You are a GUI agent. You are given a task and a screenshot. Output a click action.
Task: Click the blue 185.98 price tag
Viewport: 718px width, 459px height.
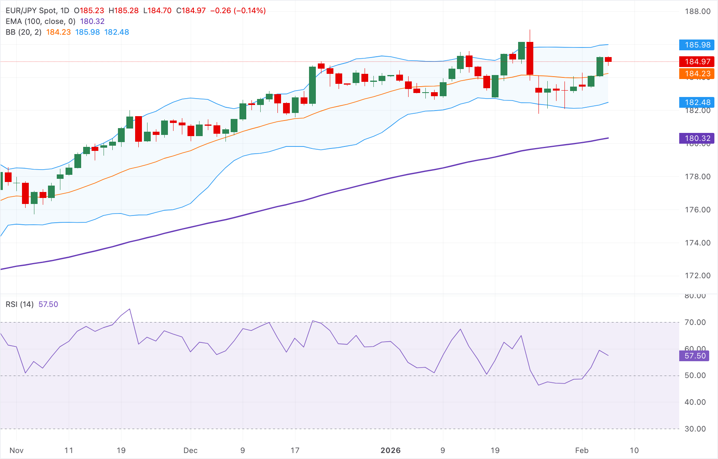tap(697, 45)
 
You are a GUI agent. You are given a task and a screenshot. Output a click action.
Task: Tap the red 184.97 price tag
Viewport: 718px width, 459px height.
tap(697, 61)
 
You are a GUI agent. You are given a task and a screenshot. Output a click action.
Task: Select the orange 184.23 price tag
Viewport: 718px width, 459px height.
tap(697, 73)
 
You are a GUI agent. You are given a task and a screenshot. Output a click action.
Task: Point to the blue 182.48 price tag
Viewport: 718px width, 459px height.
tap(697, 102)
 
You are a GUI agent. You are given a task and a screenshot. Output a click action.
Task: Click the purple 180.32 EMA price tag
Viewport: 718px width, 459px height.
tap(697, 138)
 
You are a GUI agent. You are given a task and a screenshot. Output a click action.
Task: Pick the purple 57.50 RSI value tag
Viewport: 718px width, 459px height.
tap(694, 356)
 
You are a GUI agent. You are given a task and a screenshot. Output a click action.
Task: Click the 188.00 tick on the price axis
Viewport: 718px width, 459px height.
tap(698, 11)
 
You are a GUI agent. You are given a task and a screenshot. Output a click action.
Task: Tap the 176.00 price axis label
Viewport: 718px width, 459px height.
tap(698, 210)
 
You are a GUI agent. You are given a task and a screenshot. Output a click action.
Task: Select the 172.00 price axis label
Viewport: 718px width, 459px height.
tap(698, 275)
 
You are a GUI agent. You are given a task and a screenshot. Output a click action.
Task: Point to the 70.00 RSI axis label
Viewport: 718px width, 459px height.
tap(695, 322)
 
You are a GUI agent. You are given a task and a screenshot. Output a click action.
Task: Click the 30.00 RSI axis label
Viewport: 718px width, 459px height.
tap(695, 429)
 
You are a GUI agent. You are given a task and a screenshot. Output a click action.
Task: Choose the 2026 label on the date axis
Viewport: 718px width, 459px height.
tap(390, 450)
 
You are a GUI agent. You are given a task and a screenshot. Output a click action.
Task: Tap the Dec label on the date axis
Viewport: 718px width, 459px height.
tap(190, 450)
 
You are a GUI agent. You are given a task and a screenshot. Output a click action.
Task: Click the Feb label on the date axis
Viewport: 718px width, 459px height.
tap(582, 450)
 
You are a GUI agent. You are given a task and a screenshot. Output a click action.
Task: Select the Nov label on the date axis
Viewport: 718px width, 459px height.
tap(16, 450)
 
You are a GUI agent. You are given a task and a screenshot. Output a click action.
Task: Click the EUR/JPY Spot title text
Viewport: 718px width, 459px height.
tap(32, 11)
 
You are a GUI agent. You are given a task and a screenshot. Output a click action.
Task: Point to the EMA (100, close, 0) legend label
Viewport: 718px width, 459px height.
tap(40, 22)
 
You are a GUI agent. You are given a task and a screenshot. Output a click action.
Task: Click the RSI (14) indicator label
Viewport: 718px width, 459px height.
tap(20, 304)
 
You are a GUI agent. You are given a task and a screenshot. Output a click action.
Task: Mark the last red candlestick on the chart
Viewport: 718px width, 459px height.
tap(608, 59)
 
